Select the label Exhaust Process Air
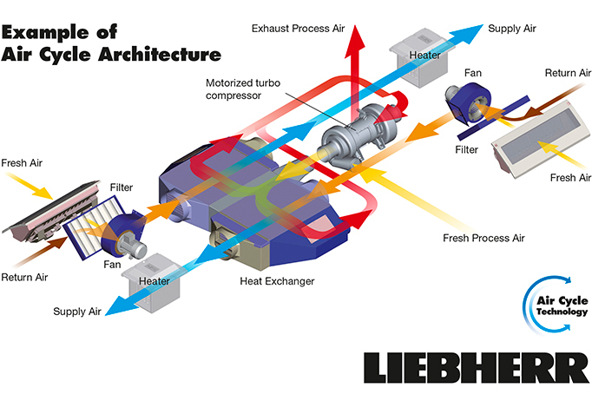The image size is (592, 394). coord(293,28)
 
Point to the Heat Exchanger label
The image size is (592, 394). coord(277,281)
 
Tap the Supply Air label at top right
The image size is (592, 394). coord(511,28)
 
